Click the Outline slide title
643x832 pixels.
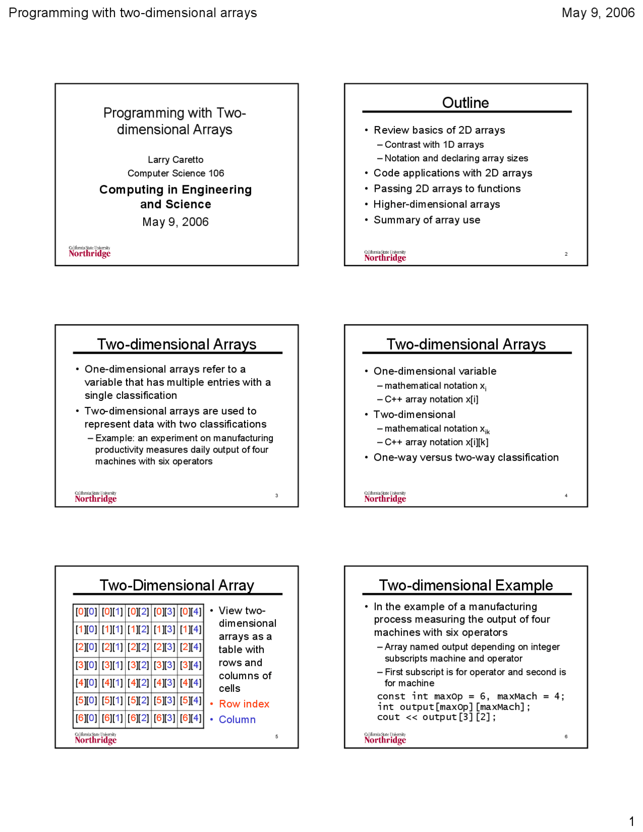[465, 102]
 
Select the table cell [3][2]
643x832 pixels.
[138, 665]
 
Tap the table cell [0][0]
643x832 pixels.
[86, 611]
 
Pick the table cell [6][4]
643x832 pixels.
[190, 718]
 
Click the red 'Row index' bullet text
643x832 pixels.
[244, 704]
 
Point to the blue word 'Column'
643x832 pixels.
[237, 719]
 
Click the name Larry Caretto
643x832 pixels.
[175, 160]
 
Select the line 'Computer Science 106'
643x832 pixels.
[175, 173]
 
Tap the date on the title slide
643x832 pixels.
[175, 222]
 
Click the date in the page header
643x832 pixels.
[598, 13]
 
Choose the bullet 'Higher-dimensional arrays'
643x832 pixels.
[437, 204]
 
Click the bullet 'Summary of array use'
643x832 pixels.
[426, 220]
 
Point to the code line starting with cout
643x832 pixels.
[436, 717]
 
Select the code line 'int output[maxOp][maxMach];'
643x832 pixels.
[454, 707]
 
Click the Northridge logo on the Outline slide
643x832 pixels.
[385, 256]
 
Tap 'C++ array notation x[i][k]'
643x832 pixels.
[436, 442]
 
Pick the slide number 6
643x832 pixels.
[566, 737]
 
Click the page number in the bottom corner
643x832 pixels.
[631, 821]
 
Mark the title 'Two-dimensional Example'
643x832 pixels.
[466, 585]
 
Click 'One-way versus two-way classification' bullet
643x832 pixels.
[466, 458]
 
